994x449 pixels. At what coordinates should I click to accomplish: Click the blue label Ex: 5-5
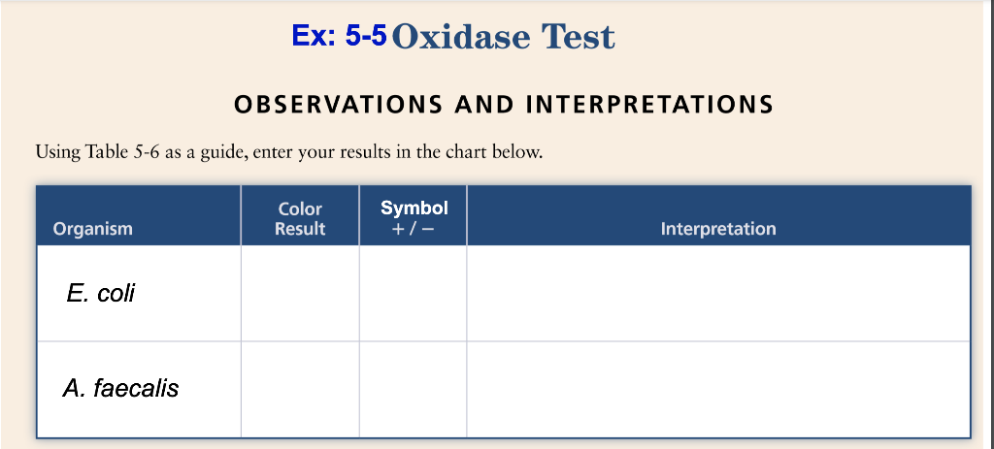(x=339, y=36)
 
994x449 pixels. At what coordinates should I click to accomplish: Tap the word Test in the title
(x=579, y=37)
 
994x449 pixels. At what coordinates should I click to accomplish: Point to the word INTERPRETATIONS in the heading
(x=649, y=104)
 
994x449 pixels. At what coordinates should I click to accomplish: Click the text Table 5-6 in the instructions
(x=117, y=152)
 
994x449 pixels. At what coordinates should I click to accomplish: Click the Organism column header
(x=93, y=229)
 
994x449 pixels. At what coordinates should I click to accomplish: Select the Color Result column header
(x=300, y=219)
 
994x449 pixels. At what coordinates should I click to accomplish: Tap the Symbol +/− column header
(x=414, y=218)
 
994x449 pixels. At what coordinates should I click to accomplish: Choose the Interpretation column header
(x=718, y=229)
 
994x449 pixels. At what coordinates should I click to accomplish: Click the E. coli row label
(x=101, y=293)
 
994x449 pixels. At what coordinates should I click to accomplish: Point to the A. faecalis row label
(x=121, y=389)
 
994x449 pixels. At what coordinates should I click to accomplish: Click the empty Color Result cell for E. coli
(x=300, y=293)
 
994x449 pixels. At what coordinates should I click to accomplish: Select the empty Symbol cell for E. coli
(x=413, y=293)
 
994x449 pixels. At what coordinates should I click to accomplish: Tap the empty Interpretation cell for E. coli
(x=718, y=293)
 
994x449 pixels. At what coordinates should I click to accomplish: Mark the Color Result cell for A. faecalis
(x=300, y=389)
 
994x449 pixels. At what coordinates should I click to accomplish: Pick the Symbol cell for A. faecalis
(x=413, y=389)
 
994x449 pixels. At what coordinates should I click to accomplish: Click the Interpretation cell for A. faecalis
(x=718, y=389)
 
